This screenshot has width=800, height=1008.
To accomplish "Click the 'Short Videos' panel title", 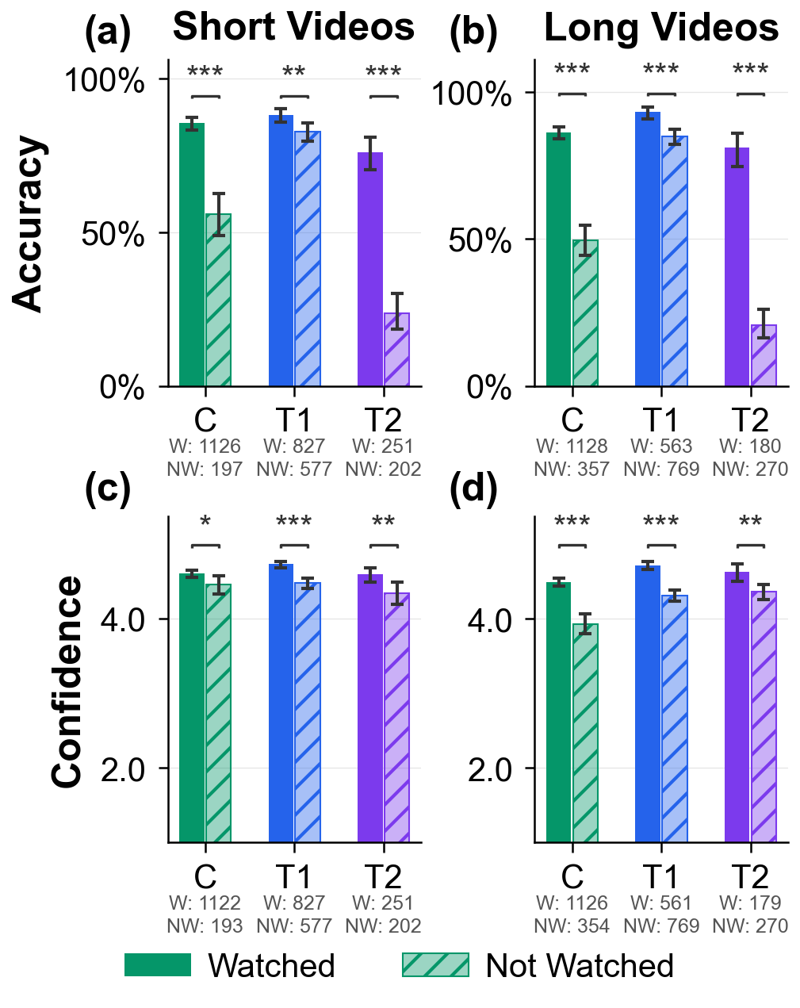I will pos(293,28).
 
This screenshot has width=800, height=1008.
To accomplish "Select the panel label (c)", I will pos(108,489).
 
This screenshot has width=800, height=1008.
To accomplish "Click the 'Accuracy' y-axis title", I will pos(29,224).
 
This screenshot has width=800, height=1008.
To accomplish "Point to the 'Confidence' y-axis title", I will pos(68,682).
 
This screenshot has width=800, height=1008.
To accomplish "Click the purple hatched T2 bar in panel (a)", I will pos(396,350).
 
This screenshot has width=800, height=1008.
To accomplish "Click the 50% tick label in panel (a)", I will pos(113,235).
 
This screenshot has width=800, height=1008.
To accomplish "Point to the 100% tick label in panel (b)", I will pos(471,94).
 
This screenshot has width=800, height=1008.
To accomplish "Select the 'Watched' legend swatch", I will pos(158,965).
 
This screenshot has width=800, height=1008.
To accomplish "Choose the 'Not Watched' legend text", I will pos(579,966).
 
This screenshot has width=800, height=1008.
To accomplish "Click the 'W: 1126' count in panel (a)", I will pos(205,447).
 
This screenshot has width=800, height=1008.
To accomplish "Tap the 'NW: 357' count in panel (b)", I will pos(572,470).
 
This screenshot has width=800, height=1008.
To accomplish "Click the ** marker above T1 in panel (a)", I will pos(293,74).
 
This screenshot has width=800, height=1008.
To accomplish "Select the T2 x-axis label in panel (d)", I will pos(750,877).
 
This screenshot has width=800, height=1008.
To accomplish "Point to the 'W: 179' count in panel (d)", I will pos(750,903).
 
